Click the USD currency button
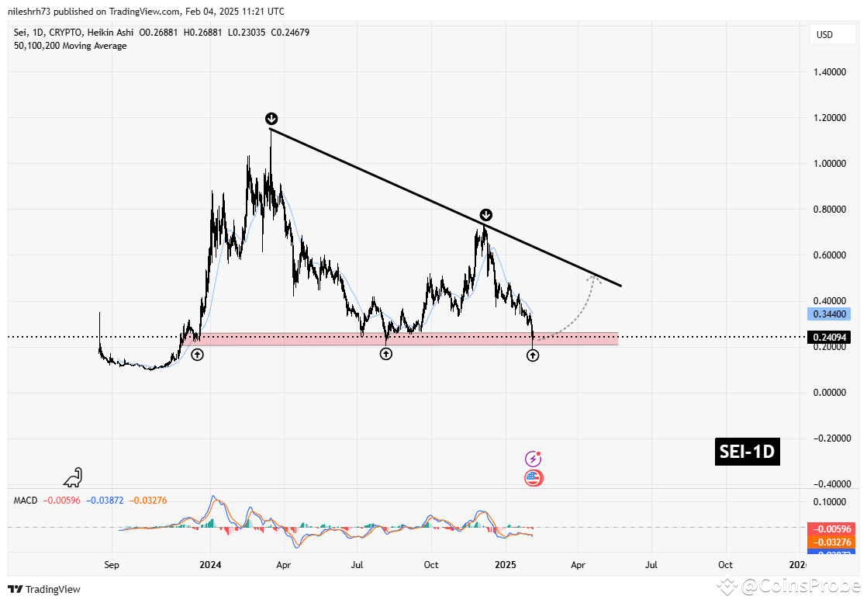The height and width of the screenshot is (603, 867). [824, 35]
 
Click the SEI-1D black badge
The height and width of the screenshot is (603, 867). [747, 452]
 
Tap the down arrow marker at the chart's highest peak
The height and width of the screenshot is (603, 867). [271, 119]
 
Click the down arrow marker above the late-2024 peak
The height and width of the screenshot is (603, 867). [485, 215]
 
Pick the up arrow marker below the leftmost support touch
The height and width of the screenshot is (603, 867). [197, 355]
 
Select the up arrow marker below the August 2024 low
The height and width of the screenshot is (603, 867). [385, 354]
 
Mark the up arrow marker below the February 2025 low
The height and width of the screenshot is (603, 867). [533, 355]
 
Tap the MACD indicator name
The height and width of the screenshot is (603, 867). [26, 501]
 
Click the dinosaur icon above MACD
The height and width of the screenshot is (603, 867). [74, 477]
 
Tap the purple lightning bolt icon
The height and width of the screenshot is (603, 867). [533, 459]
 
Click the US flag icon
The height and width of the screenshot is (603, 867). [534, 478]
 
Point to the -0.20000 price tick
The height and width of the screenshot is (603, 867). [827, 438]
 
